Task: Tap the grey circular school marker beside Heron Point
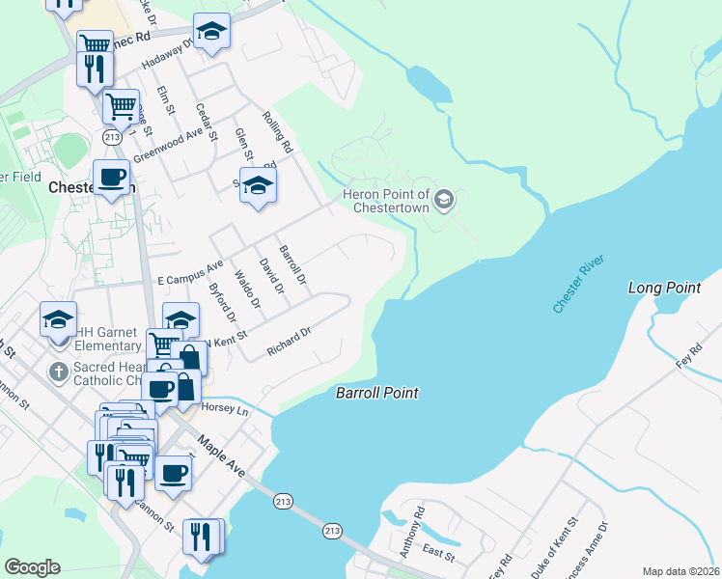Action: [x=444, y=200]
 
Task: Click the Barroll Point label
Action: [x=376, y=393]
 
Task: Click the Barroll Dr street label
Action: [x=292, y=264]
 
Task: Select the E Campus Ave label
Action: [x=190, y=270]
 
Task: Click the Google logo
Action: [x=32, y=567]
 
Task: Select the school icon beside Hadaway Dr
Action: [x=211, y=32]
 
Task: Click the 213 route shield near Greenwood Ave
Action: [x=114, y=138]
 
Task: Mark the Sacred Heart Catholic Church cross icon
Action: [x=58, y=371]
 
